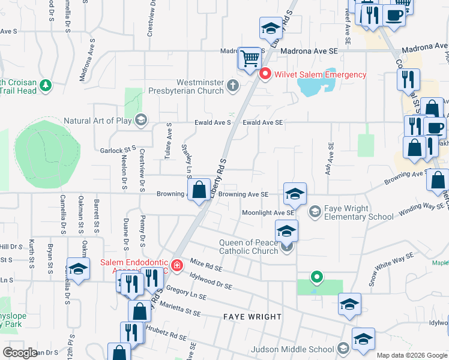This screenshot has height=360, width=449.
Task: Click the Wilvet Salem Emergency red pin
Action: click(x=264, y=74)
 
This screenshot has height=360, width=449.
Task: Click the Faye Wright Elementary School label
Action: click(x=359, y=212)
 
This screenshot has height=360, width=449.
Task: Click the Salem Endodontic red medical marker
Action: click(x=176, y=265)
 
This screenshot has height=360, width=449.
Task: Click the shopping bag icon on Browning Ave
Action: click(x=199, y=190)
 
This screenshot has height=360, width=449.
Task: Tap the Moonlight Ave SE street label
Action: click(x=268, y=213)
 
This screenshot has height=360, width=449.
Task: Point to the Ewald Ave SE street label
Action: click(x=262, y=122)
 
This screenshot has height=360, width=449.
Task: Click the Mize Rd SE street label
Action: click(x=206, y=265)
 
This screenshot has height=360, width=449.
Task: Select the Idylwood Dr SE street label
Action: click(x=210, y=281)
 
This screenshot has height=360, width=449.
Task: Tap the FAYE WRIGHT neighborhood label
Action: click(x=252, y=316)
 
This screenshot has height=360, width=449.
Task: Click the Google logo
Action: click(x=20, y=353)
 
